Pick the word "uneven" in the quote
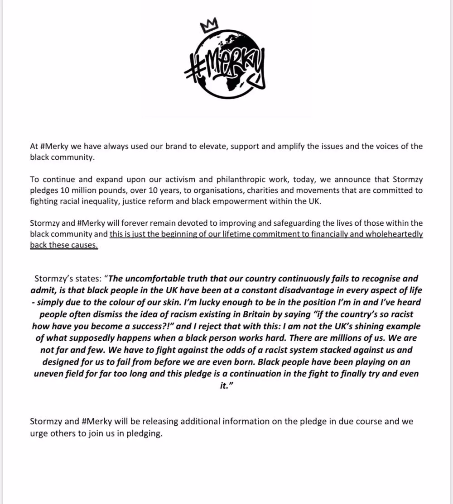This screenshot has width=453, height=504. (50, 374)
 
